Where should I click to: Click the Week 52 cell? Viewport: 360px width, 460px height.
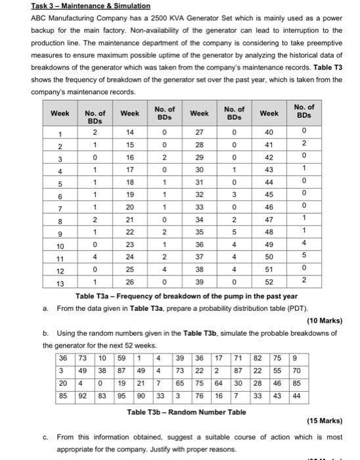(269, 282)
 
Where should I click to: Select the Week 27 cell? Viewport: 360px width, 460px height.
(200, 131)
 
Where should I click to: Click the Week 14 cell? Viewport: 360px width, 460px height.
(130, 131)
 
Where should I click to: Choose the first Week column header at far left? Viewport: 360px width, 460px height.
(60, 113)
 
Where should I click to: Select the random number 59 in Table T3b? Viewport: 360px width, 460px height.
(122, 359)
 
